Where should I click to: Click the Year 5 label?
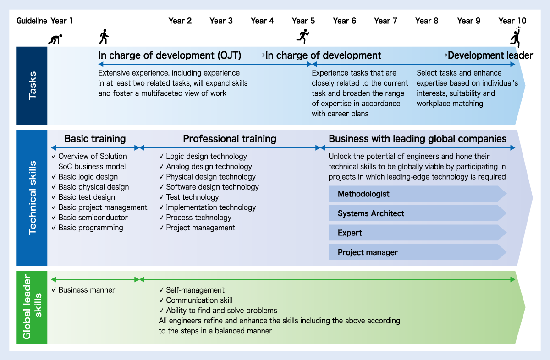click(x=303, y=21)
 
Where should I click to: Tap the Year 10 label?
click(x=512, y=21)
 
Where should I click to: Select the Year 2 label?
click(x=180, y=21)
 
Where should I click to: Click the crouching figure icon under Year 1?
click(x=55, y=39)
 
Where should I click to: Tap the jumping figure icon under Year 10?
click(x=517, y=37)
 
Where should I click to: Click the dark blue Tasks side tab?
click(x=32, y=85)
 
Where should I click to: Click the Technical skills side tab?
click(x=32, y=198)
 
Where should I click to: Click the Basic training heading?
click(x=95, y=139)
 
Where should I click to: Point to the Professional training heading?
click(x=230, y=139)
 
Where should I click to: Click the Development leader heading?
click(x=489, y=55)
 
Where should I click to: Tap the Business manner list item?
click(x=87, y=290)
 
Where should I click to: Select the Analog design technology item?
click(x=209, y=167)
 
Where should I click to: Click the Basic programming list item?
click(x=90, y=228)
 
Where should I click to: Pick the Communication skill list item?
click(x=198, y=300)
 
